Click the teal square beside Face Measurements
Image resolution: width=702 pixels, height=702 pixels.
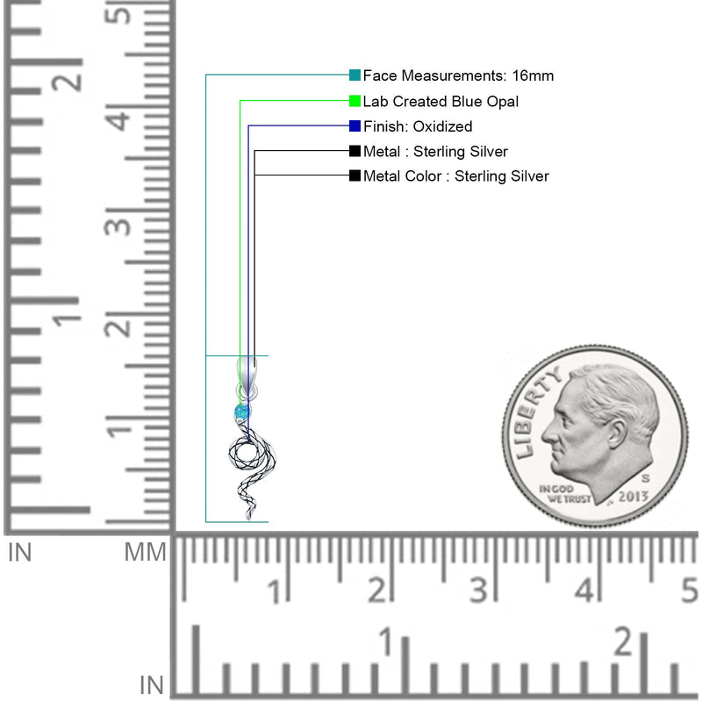(x=355, y=75)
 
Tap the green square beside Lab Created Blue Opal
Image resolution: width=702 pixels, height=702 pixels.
(x=355, y=101)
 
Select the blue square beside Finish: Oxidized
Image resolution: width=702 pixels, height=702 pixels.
(x=355, y=126)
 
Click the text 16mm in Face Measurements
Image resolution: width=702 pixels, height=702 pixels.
(x=533, y=75)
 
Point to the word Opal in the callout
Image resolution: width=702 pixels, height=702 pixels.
(x=502, y=102)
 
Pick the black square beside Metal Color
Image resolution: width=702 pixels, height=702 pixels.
(x=355, y=175)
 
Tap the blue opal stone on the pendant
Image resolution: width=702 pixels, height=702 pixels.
(x=242, y=412)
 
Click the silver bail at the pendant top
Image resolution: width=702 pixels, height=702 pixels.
(x=247, y=376)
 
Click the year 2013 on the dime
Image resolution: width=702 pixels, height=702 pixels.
(x=633, y=497)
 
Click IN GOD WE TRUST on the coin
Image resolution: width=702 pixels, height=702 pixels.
(x=565, y=494)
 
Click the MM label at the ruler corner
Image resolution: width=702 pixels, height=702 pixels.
(x=145, y=553)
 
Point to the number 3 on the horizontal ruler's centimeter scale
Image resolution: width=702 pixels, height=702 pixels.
(x=478, y=590)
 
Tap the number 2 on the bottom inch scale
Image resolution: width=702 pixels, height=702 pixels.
(x=624, y=641)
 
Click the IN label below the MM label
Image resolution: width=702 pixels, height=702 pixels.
(x=151, y=685)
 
